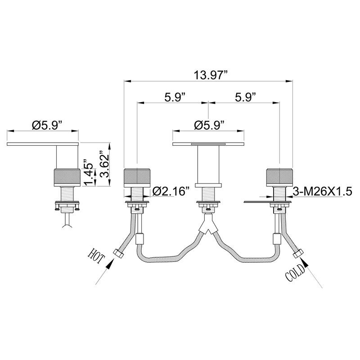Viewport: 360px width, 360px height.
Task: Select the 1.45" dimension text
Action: (x=88, y=172)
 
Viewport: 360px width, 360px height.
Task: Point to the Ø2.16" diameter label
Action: (x=171, y=191)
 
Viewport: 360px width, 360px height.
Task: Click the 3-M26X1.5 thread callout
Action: (x=322, y=191)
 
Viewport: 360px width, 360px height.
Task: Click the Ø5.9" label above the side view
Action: (x=47, y=126)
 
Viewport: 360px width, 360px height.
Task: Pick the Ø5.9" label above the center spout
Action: (x=209, y=126)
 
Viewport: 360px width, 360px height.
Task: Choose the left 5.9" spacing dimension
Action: (x=175, y=97)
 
